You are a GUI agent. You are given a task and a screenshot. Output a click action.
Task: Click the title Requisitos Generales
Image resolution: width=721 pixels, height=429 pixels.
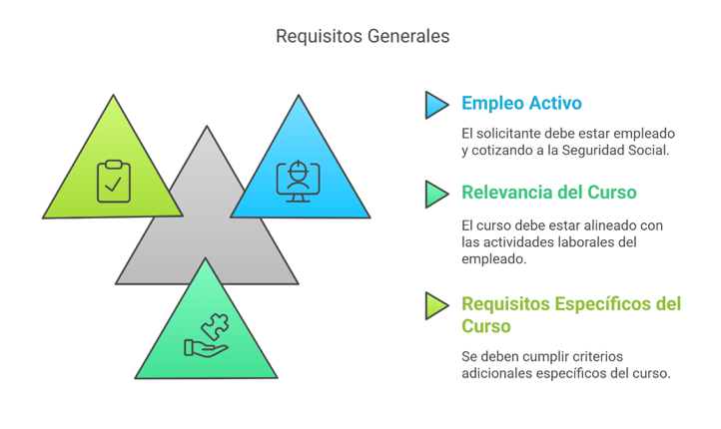click(x=362, y=36)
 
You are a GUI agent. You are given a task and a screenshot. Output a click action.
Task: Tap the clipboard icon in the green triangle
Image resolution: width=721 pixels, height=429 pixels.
click(x=114, y=181)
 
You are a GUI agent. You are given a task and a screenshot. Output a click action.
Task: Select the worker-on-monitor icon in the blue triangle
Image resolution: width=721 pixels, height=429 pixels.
click(x=297, y=180)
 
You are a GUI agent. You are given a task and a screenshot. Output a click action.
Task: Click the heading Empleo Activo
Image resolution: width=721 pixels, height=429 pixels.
click(x=521, y=104)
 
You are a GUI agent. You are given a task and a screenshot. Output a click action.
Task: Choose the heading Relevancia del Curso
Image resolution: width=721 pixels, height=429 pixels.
click(x=548, y=193)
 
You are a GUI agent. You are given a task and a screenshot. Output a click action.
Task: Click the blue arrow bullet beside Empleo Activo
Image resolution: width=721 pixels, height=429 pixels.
click(x=436, y=105)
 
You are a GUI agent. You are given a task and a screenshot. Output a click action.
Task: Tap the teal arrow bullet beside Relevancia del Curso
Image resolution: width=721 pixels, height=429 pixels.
click(x=436, y=194)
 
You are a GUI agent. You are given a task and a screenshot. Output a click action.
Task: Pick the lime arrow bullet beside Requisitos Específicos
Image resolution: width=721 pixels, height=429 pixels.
click(x=436, y=305)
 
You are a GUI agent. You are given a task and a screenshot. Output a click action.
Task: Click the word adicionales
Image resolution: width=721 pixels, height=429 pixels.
click(x=496, y=373)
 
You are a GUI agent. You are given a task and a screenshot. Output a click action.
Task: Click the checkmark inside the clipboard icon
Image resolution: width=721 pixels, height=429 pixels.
click(x=114, y=185)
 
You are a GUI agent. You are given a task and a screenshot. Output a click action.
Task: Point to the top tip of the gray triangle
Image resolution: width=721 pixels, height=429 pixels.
click(x=207, y=128)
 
